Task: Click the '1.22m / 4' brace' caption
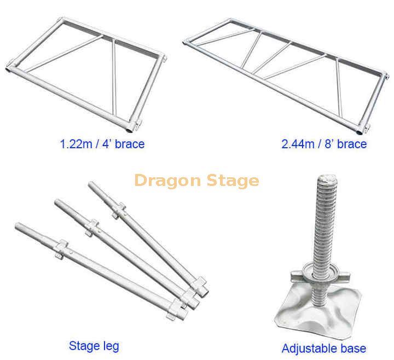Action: (102, 144)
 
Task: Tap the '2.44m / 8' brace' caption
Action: (324, 144)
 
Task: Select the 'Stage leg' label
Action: (94, 346)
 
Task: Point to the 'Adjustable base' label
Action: (323, 349)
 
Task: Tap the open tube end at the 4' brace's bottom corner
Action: (130, 129)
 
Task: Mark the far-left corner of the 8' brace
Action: (186, 41)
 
